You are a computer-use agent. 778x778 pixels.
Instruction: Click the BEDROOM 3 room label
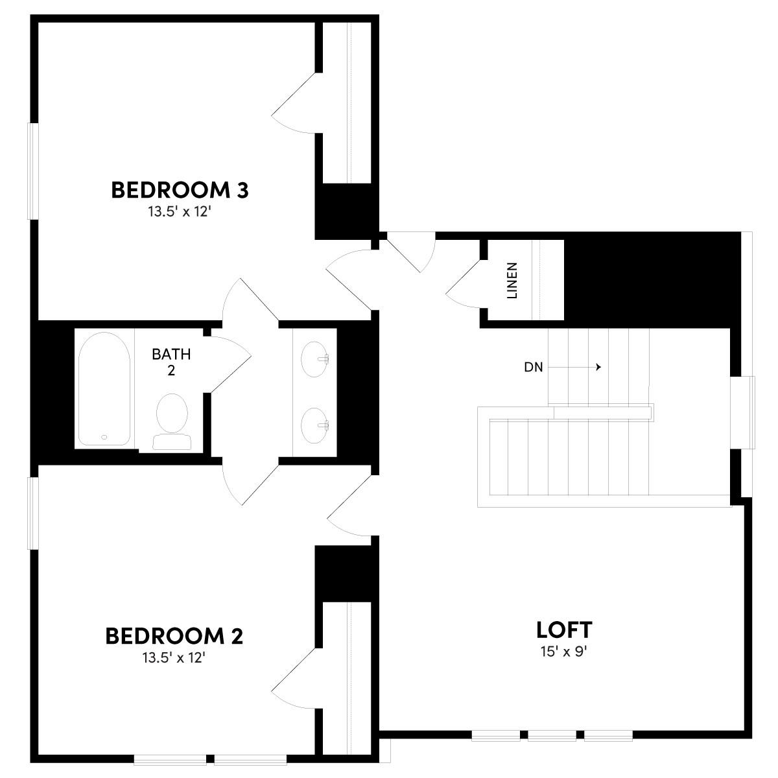point(180,190)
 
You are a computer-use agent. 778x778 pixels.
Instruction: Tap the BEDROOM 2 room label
point(174,636)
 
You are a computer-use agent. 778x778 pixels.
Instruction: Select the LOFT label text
point(564,630)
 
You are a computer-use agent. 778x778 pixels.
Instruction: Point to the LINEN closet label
point(512,280)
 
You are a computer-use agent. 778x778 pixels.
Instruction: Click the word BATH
point(171,354)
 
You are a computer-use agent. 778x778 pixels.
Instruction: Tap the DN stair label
point(533,368)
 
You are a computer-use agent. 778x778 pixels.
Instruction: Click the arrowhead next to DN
point(599,367)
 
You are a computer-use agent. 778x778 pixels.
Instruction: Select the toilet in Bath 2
point(172,420)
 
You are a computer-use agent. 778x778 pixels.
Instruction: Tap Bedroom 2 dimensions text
point(174,657)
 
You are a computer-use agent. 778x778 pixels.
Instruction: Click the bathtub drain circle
point(104,437)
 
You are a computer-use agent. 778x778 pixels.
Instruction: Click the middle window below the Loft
point(552,735)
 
